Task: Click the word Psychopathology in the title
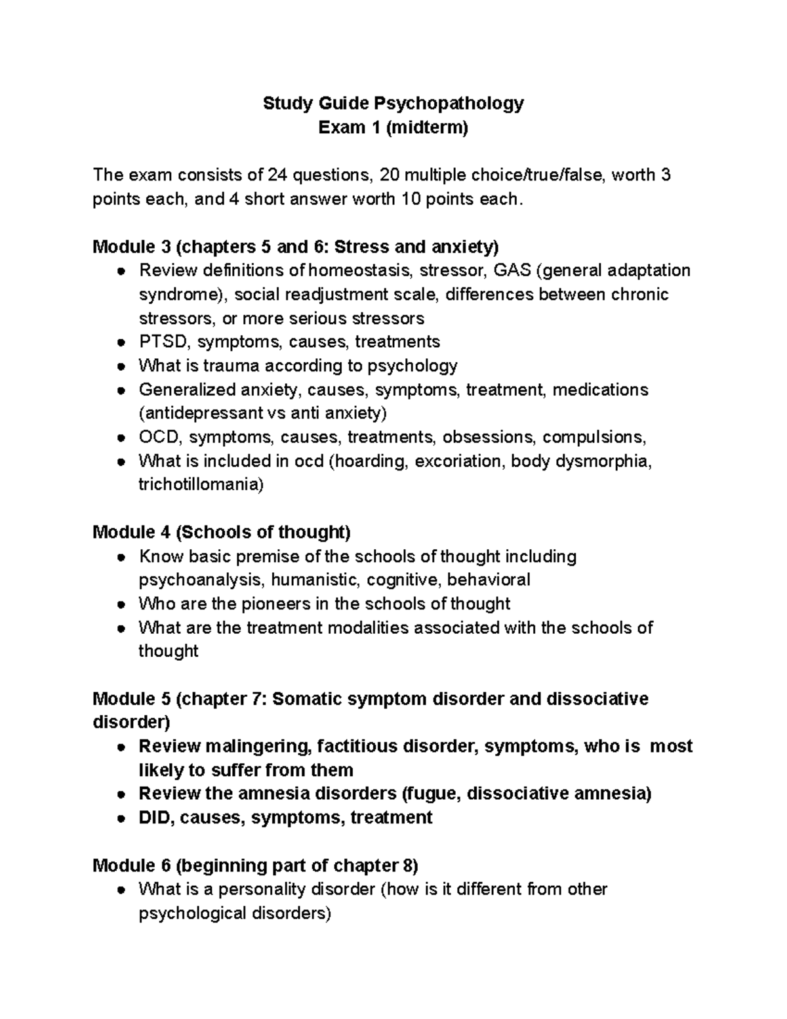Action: pyautogui.click(x=449, y=104)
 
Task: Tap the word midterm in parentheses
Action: pyautogui.click(x=427, y=127)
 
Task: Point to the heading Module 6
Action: pyautogui.click(x=132, y=865)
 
